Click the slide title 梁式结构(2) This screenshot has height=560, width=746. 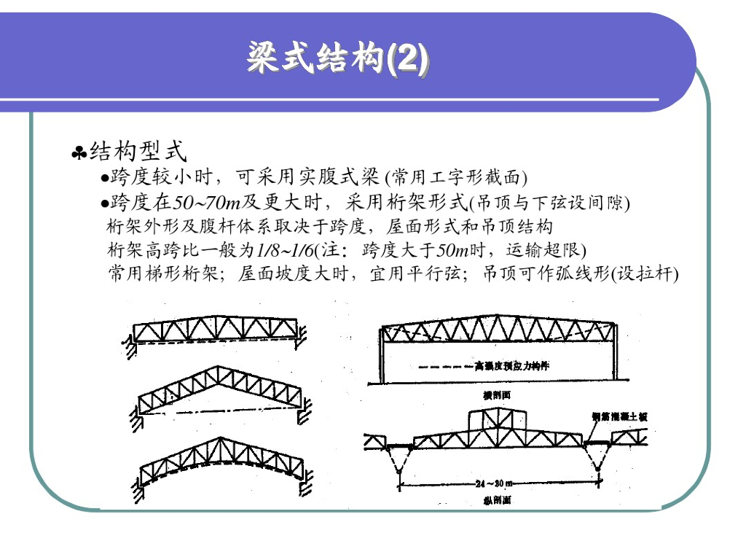337,58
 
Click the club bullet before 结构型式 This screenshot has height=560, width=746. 79,153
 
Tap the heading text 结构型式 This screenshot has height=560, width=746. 138,152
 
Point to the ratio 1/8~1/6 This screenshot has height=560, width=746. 285,250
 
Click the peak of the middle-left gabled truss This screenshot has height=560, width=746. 218,367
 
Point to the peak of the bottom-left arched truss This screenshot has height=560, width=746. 219,440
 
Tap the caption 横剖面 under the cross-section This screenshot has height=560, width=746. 498,394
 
